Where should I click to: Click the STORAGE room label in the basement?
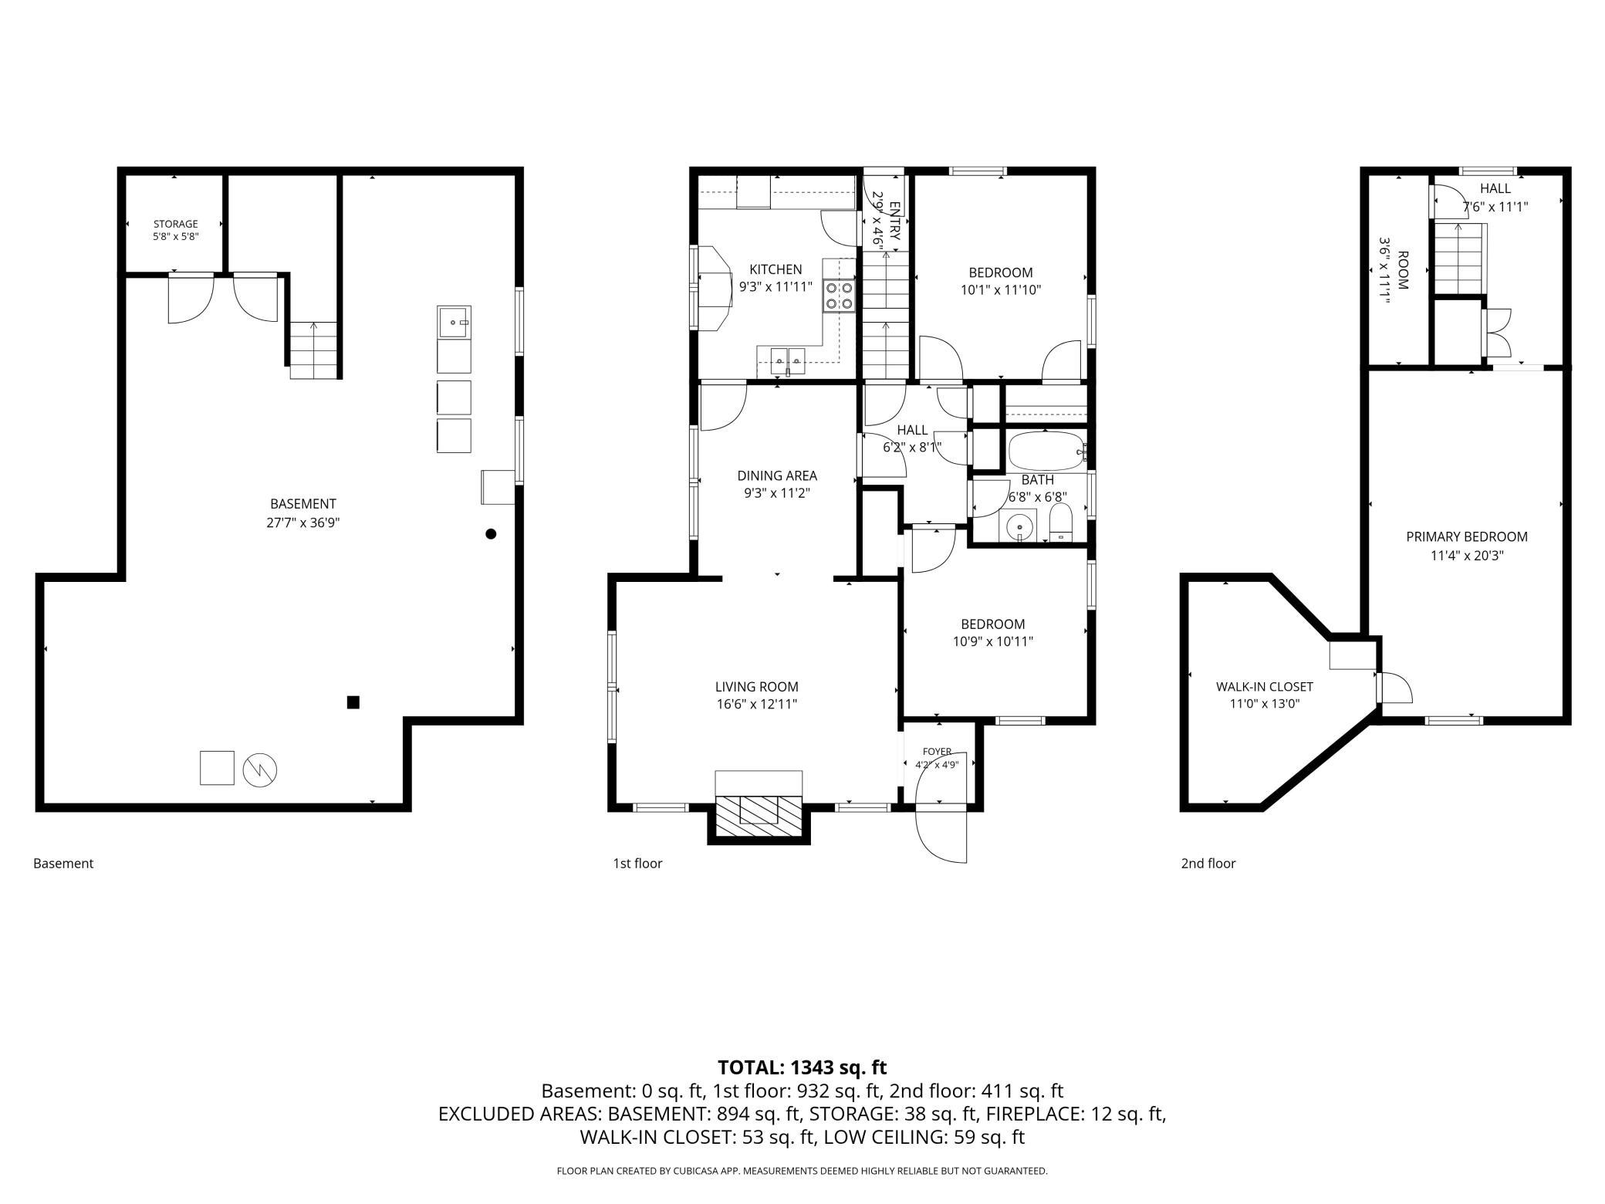click(x=175, y=224)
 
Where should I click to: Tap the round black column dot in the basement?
click(x=491, y=533)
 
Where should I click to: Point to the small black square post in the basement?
click(x=353, y=702)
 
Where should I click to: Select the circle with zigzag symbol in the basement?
click(x=260, y=769)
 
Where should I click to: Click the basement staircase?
click(x=314, y=350)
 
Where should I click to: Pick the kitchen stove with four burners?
click(x=840, y=295)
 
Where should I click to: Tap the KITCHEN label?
click(x=775, y=269)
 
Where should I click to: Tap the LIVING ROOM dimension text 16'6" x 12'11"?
click(x=756, y=704)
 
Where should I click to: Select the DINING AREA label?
click(x=777, y=476)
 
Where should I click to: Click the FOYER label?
click(x=937, y=752)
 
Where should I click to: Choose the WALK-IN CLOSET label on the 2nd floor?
click(x=1265, y=687)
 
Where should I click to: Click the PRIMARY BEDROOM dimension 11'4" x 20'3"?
click(x=1467, y=555)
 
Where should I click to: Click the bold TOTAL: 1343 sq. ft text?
click(x=802, y=1068)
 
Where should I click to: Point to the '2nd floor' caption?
click(x=1208, y=864)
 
